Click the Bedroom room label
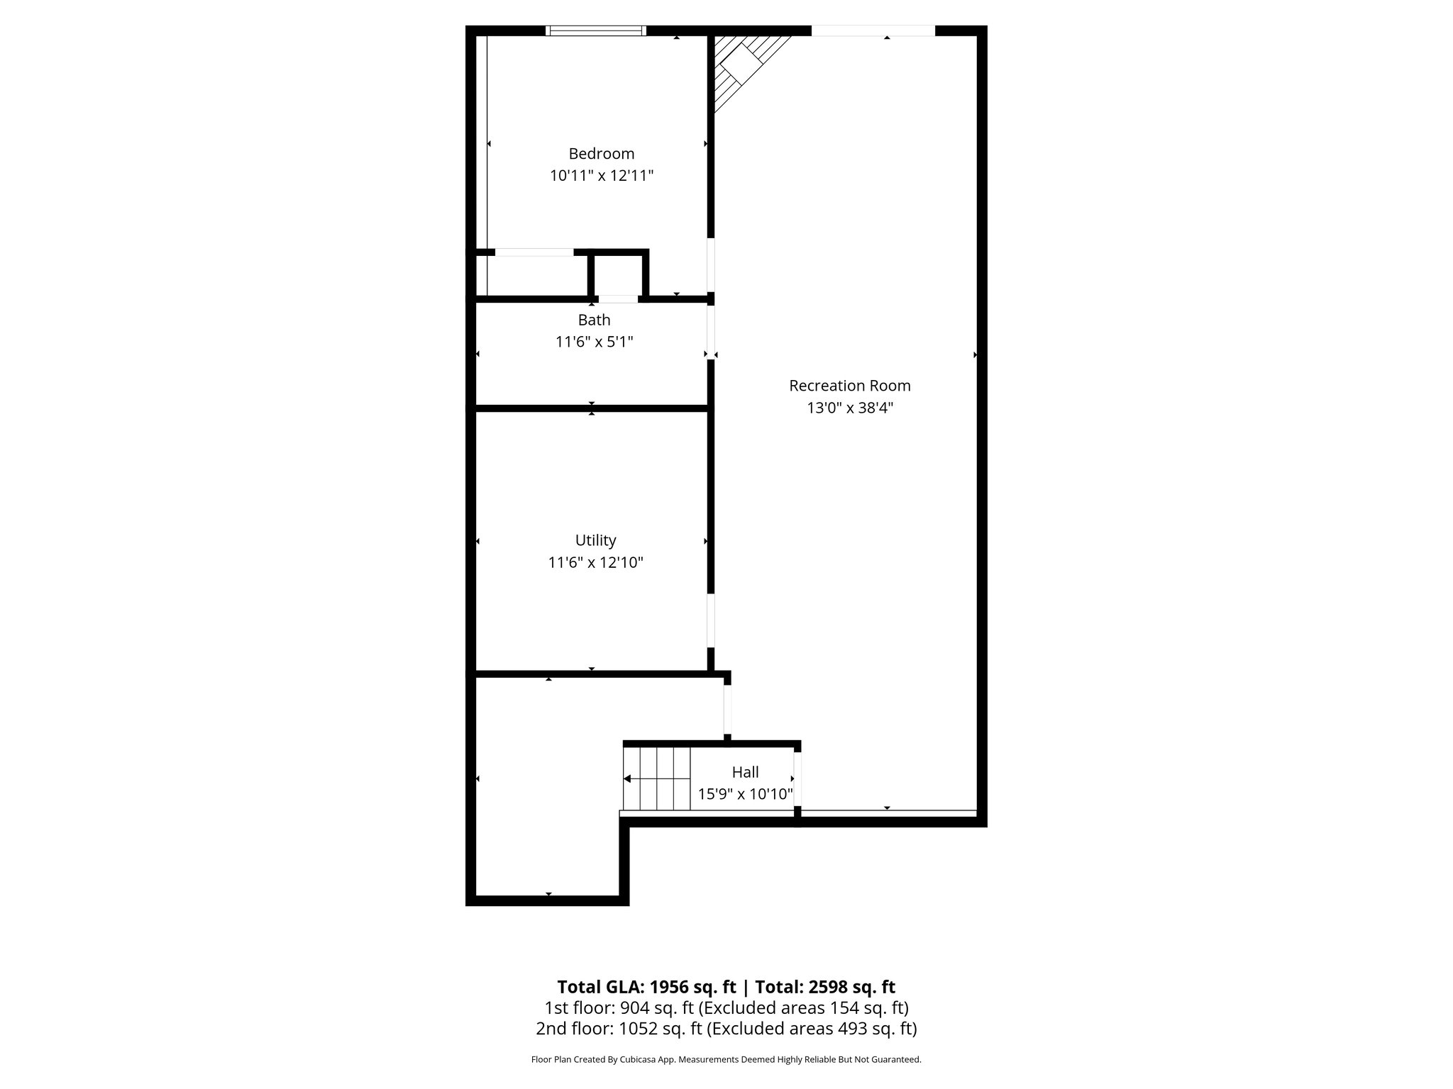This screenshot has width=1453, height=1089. (x=601, y=154)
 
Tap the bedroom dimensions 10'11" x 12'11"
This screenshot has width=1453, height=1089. (x=601, y=176)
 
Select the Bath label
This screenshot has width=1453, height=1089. (x=594, y=320)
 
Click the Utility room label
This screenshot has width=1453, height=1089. (x=595, y=541)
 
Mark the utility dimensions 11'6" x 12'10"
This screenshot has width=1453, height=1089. (x=595, y=563)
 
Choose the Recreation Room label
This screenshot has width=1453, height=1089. (x=849, y=386)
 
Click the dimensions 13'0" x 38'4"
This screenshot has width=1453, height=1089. (x=849, y=408)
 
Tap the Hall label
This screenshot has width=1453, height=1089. (x=745, y=772)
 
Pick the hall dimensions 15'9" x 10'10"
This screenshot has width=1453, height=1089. (x=745, y=794)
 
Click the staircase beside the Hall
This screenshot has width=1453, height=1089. (x=657, y=778)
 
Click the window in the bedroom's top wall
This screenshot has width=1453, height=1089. (x=596, y=30)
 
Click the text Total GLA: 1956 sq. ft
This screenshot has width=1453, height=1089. (x=647, y=987)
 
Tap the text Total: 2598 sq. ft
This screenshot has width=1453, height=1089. (x=824, y=987)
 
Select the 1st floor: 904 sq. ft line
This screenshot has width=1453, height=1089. (x=726, y=1007)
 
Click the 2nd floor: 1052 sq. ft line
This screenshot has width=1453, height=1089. (x=726, y=1028)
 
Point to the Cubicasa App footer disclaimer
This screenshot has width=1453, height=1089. (x=726, y=1060)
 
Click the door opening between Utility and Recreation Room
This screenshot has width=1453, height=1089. (x=710, y=621)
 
